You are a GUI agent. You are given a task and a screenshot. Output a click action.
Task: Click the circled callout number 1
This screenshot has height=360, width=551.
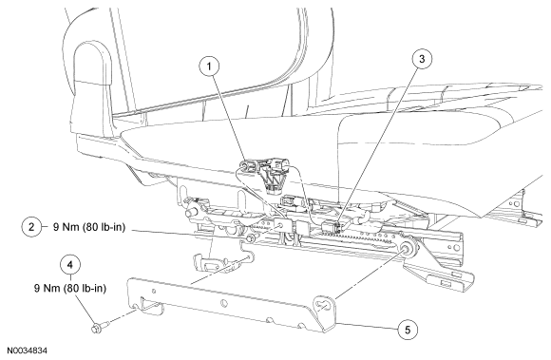[x=209, y=66]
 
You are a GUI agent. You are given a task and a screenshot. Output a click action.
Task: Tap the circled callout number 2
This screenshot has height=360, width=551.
[x=31, y=227]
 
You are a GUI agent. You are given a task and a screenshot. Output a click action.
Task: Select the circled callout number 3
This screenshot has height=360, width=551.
[x=422, y=59]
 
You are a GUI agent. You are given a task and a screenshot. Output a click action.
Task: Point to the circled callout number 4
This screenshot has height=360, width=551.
[x=70, y=264]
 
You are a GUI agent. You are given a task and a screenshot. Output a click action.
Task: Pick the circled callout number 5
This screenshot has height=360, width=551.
[x=408, y=330]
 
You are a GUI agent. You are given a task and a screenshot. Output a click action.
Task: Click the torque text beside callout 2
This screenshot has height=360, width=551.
[x=89, y=227]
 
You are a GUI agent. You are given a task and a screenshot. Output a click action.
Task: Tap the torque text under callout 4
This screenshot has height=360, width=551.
[x=70, y=289]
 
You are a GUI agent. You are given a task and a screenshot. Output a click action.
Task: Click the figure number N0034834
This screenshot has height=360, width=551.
[x=27, y=351]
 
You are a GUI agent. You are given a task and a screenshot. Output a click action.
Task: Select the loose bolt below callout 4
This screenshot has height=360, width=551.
[x=99, y=327]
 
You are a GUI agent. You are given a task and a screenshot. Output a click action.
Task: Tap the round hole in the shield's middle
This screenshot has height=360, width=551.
[x=224, y=303]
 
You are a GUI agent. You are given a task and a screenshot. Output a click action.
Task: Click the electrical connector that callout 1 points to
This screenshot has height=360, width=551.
[x=249, y=165]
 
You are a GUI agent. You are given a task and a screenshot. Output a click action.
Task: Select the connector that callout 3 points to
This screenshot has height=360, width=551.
[x=332, y=226]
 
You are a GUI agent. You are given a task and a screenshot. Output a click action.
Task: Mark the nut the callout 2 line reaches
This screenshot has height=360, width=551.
[x=250, y=238]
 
